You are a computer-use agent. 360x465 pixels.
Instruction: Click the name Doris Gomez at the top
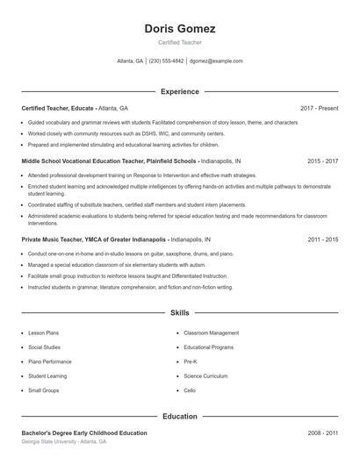(x=179, y=29)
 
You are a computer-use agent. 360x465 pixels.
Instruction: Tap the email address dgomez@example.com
(x=216, y=61)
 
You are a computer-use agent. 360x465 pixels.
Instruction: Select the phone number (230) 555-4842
(x=166, y=61)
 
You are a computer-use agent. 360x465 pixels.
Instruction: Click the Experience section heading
(x=179, y=91)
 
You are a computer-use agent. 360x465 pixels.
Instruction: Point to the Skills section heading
(x=179, y=312)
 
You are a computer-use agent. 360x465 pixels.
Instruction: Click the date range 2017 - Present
(x=319, y=108)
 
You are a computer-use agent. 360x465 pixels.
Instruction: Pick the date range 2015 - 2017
(x=322, y=161)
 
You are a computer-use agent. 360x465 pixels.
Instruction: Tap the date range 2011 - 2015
(x=322, y=239)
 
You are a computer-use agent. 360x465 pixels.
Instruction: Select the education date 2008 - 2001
(x=322, y=433)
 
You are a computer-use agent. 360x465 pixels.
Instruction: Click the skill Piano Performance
(x=50, y=361)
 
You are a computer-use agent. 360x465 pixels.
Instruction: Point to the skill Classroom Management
(x=211, y=333)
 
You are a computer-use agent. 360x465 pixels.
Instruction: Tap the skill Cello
(x=190, y=390)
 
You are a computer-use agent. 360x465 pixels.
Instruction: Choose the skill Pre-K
(x=191, y=361)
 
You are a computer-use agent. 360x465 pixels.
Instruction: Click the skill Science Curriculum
(x=206, y=376)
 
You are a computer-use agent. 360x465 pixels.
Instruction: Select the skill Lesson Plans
(x=43, y=333)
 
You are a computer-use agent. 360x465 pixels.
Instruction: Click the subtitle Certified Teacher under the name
(x=179, y=42)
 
